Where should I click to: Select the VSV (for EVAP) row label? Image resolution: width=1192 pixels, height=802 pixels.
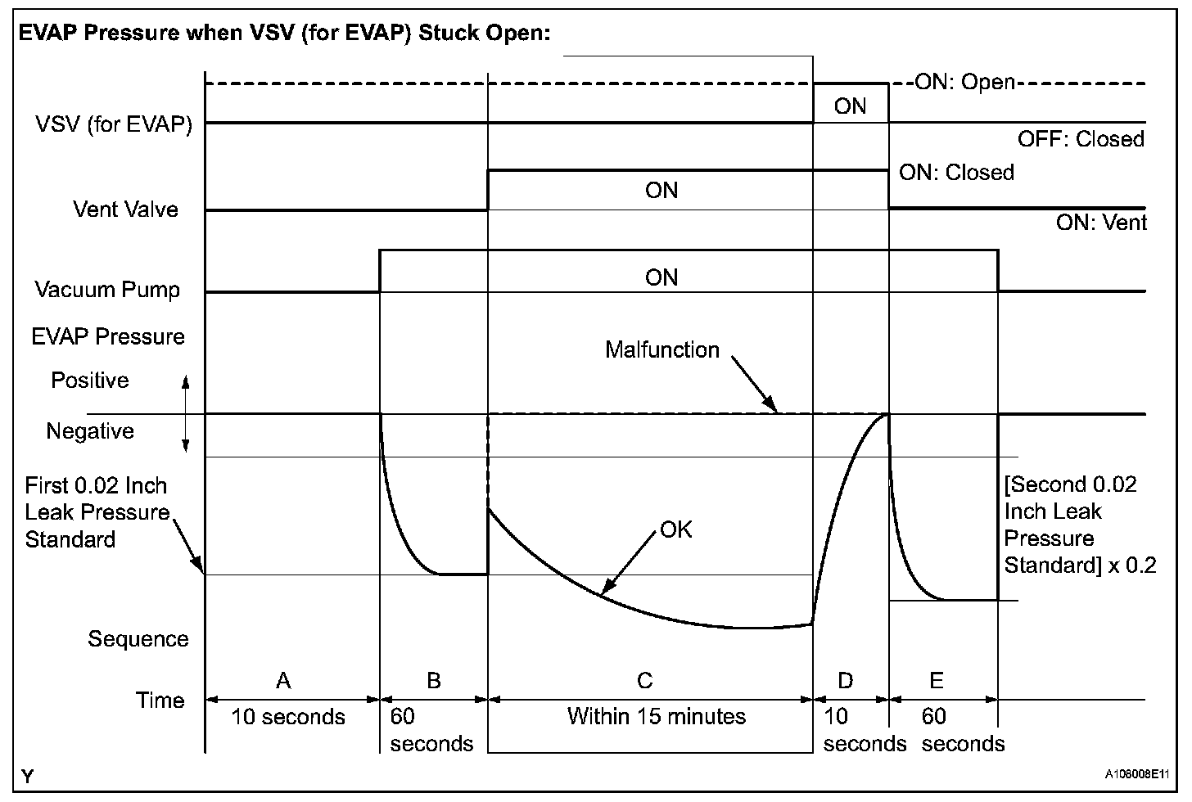pyautogui.click(x=114, y=125)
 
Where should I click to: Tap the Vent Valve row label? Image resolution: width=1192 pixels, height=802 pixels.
pyautogui.click(x=125, y=210)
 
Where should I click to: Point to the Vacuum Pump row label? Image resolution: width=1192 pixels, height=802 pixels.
pyautogui.click(x=107, y=290)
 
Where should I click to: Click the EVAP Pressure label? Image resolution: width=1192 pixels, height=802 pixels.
pyautogui.click(x=108, y=336)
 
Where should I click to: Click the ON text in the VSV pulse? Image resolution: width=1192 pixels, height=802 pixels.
pyautogui.click(x=850, y=106)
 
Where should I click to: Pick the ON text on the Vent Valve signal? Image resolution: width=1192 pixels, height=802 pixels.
pyautogui.click(x=661, y=191)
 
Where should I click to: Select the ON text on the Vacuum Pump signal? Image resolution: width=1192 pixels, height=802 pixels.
pyautogui.click(x=661, y=277)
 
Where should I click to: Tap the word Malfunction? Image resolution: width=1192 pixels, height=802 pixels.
pyautogui.click(x=662, y=350)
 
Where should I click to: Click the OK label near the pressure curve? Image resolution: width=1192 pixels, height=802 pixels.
pyautogui.click(x=676, y=530)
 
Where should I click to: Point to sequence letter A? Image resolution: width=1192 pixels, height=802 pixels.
pyautogui.click(x=283, y=680)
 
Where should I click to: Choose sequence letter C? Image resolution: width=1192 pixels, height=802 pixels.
pyautogui.click(x=644, y=680)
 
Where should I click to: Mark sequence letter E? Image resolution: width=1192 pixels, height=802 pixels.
pyautogui.click(x=937, y=680)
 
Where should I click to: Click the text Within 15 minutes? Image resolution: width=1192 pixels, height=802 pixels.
pyautogui.click(x=657, y=717)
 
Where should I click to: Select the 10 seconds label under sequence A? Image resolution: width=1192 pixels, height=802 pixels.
pyautogui.click(x=288, y=718)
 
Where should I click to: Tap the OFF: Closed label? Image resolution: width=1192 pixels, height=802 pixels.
pyautogui.click(x=1081, y=139)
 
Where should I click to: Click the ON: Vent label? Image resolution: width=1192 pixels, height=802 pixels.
pyautogui.click(x=1101, y=223)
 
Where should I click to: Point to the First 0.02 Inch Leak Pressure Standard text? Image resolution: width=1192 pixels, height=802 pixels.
pyautogui.click(x=97, y=512)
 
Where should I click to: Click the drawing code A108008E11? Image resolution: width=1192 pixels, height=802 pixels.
pyautogui.click(x=1137, y=773)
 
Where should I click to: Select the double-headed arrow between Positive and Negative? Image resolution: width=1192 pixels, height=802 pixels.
pyautogui.click(x=186, y=414)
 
